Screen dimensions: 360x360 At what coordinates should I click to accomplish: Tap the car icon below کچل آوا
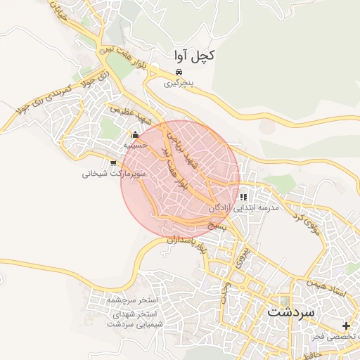(179, 72)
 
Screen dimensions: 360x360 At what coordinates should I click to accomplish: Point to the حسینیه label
(134, 145)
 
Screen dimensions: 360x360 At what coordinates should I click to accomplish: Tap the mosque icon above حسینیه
(135, 135)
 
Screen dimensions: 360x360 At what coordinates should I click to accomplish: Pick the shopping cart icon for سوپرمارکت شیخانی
(113, 163)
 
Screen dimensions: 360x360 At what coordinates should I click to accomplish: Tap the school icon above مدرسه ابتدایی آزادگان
(243, 198)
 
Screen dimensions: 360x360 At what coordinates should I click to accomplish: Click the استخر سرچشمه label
(133, 300)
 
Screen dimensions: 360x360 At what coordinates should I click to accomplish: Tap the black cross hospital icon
(346, 326)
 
